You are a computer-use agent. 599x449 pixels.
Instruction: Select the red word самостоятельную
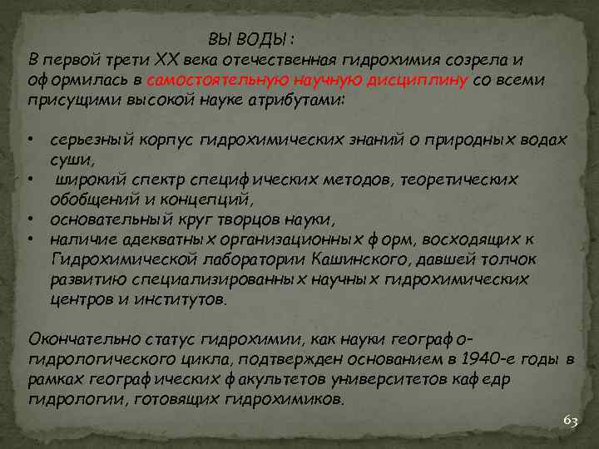(217, 81)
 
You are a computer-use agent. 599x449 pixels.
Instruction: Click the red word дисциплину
(426, 81)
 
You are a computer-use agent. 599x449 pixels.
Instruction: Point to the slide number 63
(570, 421)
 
